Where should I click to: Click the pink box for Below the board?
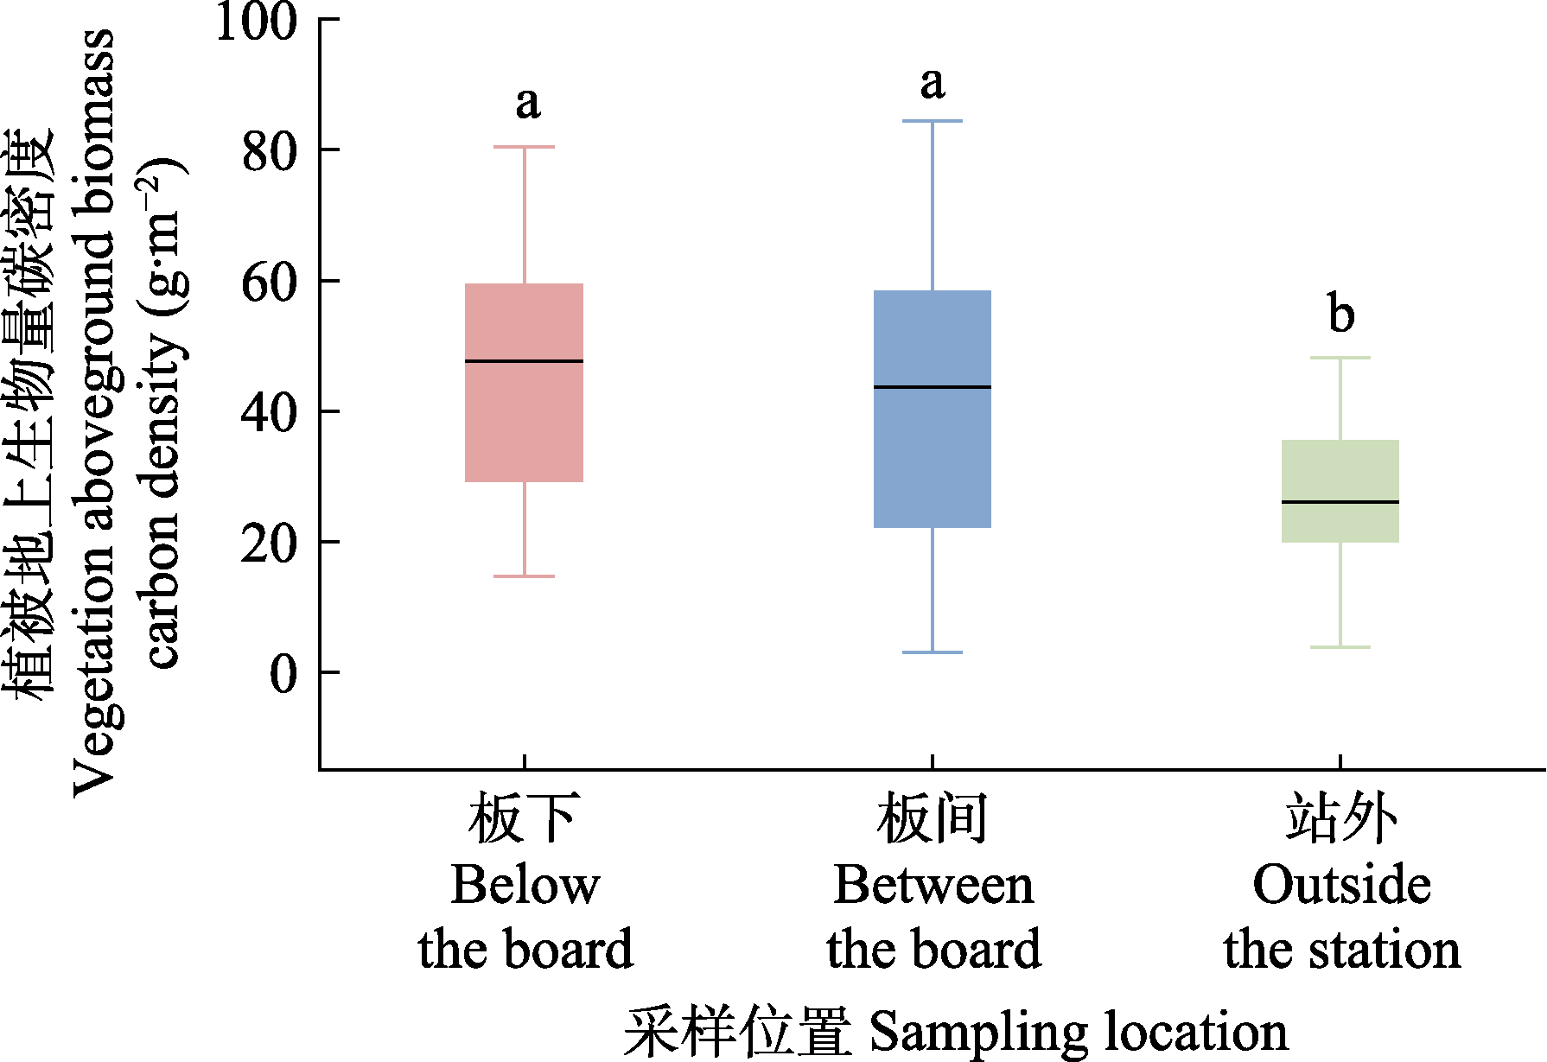524,423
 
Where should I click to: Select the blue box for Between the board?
933,458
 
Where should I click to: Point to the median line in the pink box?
524,360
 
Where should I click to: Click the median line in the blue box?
933,386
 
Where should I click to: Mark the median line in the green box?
1340,501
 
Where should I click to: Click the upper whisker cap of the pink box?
524,147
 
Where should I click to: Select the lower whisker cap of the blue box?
933,652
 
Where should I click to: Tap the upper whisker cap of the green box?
1340,357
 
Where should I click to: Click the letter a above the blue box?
933,84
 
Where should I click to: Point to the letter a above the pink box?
528,104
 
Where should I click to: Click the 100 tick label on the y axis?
256,22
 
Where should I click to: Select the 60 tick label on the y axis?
269,282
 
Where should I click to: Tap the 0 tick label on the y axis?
283,673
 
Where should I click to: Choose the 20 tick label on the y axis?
269,544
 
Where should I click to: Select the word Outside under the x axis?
1341,885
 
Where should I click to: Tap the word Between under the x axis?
933,885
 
